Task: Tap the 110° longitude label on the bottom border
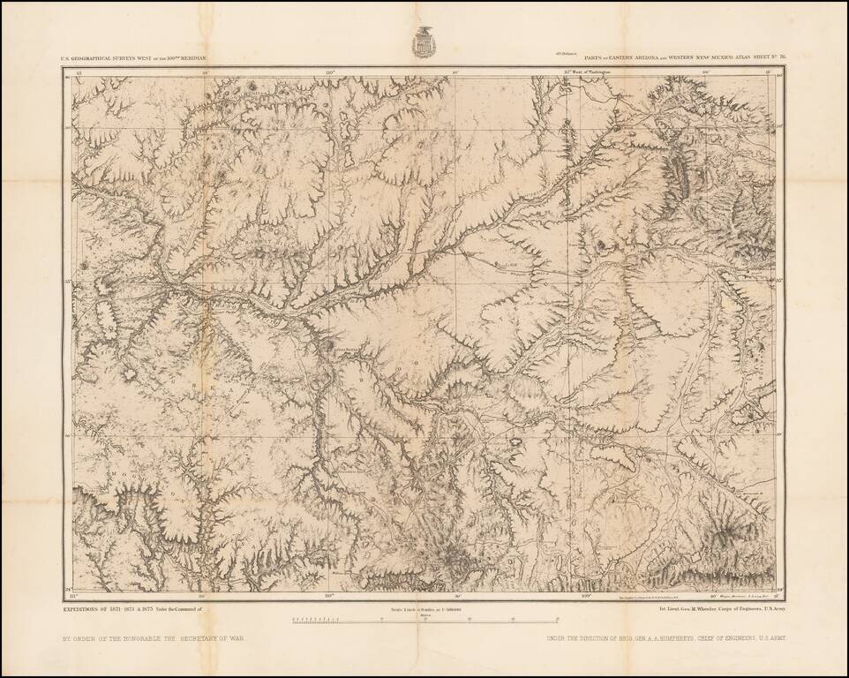329,597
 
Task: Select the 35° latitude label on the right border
779,282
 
